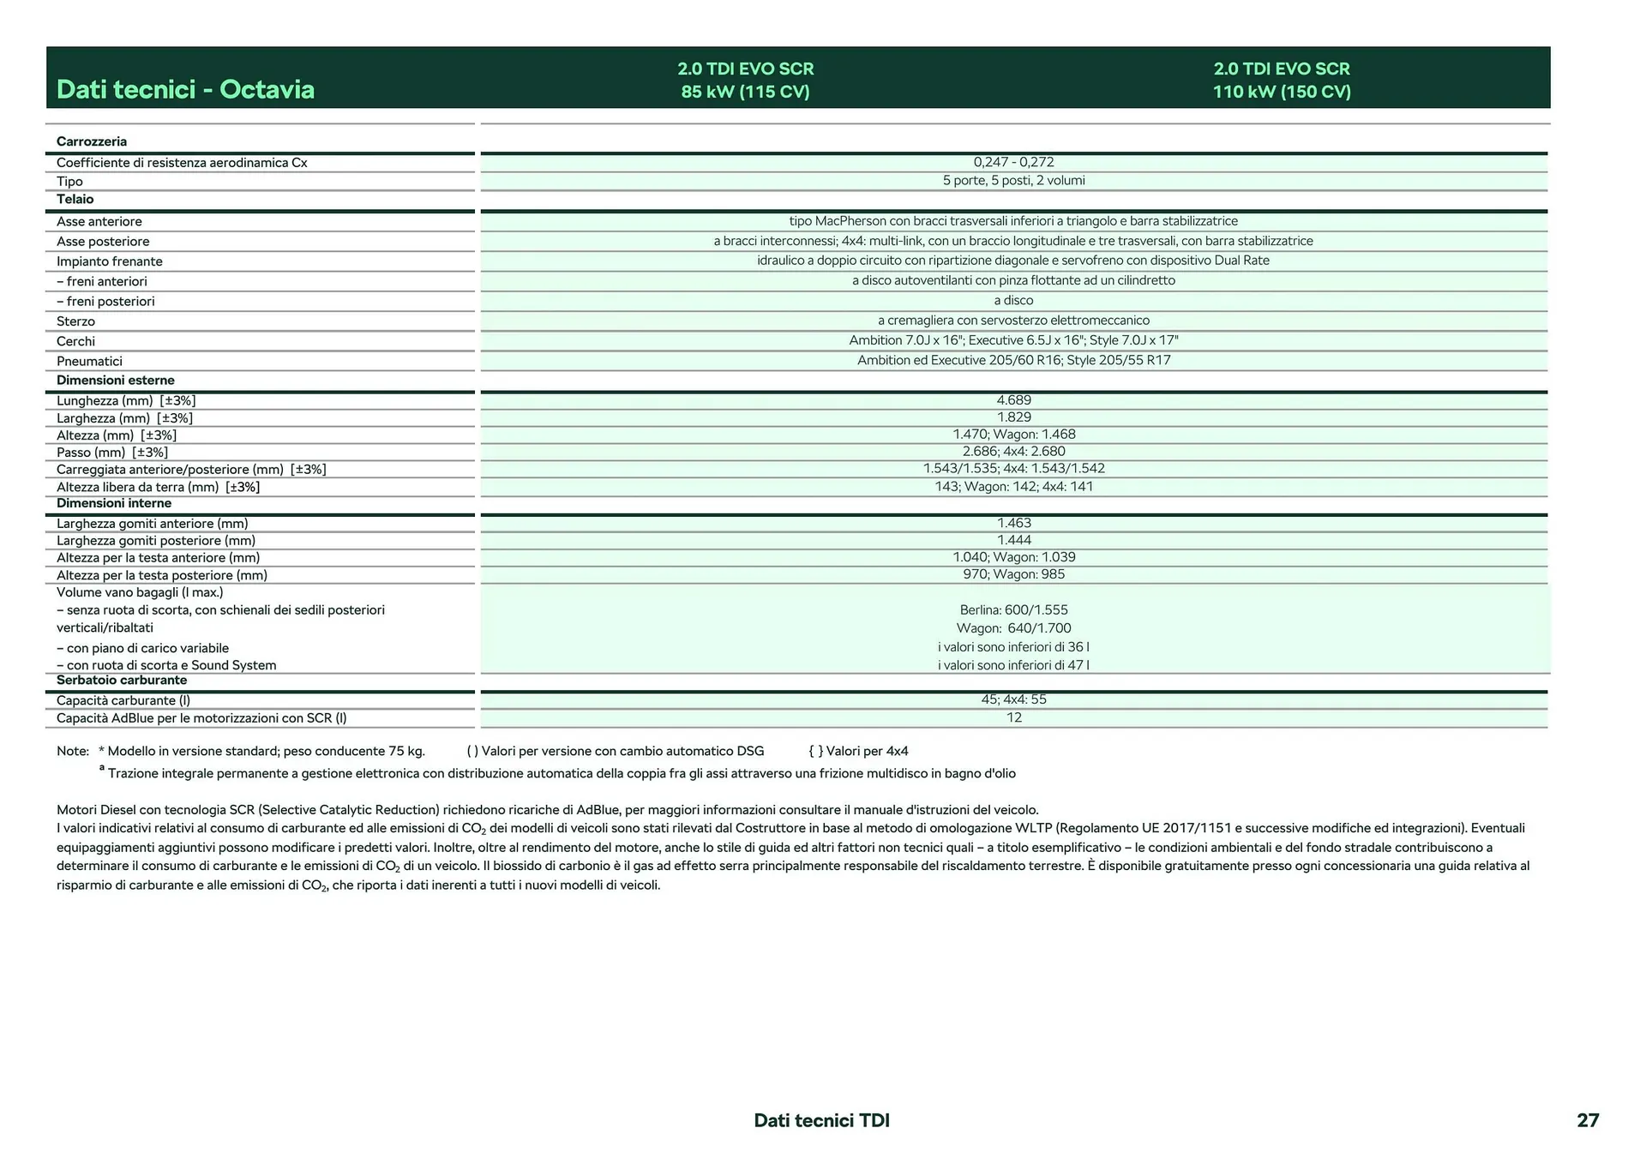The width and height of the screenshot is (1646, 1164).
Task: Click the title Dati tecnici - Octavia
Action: coord(185,89)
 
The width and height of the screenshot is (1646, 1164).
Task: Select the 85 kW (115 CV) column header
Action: coord(745,80)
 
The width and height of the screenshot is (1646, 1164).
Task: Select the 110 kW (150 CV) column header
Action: coord(1281,80)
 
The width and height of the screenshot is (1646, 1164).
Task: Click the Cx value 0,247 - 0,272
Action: coord(1013,162)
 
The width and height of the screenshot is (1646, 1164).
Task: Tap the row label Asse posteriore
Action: coord(103,242)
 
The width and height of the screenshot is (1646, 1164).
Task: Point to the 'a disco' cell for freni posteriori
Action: coord(1013,301)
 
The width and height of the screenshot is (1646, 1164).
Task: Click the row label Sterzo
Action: coord(75,321)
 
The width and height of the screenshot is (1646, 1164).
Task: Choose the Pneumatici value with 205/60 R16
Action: coord(1013,360)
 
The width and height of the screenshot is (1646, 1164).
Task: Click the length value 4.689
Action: coord(1013,400)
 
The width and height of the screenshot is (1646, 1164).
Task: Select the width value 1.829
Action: coord(1013,417)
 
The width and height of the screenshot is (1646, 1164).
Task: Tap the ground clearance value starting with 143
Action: coord(1013,487)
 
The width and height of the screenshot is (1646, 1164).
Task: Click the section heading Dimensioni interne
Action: coord(114,503)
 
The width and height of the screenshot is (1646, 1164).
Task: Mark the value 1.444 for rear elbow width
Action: coord(1013,540)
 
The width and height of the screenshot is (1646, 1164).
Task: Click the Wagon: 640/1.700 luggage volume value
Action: coord(1013,628)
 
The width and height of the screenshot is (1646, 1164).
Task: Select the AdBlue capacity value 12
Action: coord(1013,717)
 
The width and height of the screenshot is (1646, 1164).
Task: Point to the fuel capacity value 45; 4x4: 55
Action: coord(1013,699)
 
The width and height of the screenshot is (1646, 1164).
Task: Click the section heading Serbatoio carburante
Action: coord(122,680)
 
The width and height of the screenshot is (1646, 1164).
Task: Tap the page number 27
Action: coord(1587,1120)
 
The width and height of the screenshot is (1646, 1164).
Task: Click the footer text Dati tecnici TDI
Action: coord(821,1120)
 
